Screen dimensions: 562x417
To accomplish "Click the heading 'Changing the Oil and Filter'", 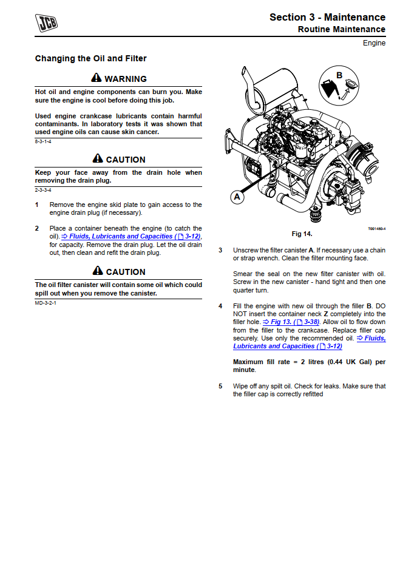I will point(90,59).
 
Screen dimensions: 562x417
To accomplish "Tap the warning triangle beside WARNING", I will point(97,78).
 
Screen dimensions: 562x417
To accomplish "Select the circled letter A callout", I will point(237,197).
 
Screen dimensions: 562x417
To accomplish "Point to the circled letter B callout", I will point(339,76).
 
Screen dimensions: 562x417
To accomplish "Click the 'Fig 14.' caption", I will point(302,234).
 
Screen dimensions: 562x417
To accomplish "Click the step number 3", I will point(220,250).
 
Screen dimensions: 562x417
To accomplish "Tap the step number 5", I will point(220,386).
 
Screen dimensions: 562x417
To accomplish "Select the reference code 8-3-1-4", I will point(43,141).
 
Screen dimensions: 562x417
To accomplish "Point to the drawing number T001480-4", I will point(376,229).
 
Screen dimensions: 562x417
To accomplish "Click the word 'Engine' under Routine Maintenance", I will point(374,43).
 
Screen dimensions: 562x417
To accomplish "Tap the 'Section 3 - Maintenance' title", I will point(327,17).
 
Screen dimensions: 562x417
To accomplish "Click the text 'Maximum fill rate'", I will point(262,362).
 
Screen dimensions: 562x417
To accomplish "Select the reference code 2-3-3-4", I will point(43,190).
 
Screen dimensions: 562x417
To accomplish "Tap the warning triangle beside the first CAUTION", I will point(98,159).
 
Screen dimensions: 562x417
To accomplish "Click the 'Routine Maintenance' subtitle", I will point(341,30).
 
